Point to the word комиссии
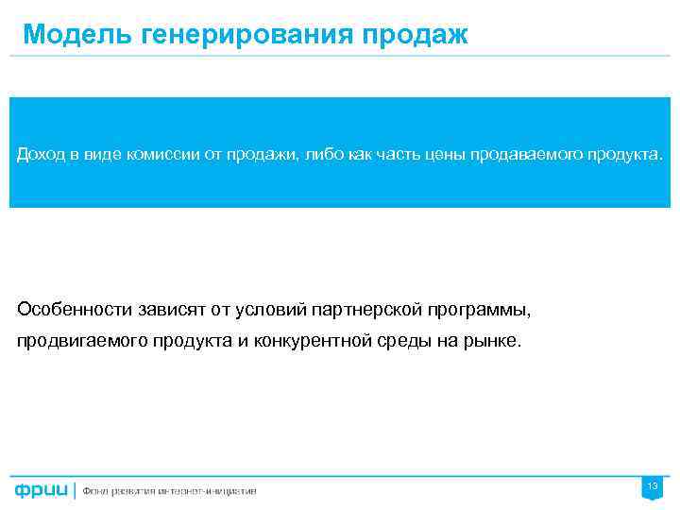(161, 153)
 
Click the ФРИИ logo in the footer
(42, 489)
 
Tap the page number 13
(652, 485)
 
